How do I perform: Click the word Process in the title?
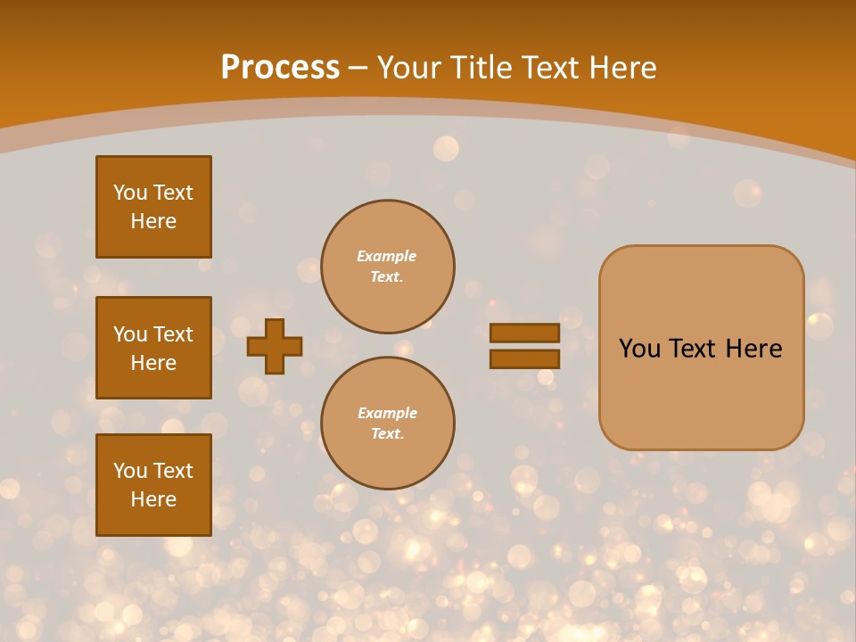point(280,68)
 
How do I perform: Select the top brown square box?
point(153,207)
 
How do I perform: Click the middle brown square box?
point(153,348)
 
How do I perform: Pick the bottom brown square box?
point(153,485)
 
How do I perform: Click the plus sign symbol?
point(275,346)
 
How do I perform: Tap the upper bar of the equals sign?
point(524,333)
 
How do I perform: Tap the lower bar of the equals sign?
point(524,359)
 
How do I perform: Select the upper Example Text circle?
point(387,267)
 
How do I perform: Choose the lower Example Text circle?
point(387,424)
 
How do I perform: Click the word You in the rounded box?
point(639,349)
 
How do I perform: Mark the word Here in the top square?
point(153,221)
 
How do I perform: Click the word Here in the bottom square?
point(153,499)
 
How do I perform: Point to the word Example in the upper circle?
point(387,256)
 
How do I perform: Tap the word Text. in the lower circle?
point(387,434)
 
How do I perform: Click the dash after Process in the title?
point(358,68)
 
